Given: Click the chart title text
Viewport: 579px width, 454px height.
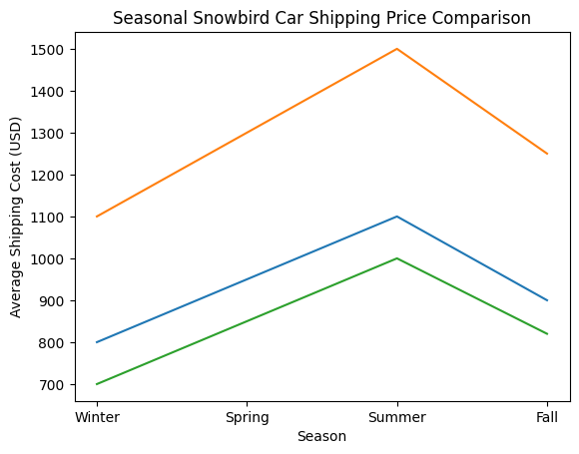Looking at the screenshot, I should tap(321, 18).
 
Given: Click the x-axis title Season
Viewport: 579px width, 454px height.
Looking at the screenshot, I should tap(321, 437).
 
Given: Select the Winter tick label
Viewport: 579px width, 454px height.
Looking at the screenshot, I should tap(97, 417).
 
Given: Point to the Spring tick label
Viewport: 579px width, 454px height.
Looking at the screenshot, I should tap(247, 417).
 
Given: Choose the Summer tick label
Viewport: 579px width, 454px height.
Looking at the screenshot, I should tap(397, 417).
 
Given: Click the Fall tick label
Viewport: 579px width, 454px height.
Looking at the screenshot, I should tap(547, 417).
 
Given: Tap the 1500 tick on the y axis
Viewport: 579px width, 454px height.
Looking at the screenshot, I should tap(50, 49).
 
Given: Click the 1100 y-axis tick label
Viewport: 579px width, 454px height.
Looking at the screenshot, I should tap(50, 217).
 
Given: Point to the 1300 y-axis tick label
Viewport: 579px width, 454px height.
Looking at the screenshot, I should tap(50, 133).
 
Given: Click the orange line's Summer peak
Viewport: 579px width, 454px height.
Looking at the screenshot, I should tap(397, 49).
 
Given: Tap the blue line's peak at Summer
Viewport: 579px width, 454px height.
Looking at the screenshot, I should tap(397, 217).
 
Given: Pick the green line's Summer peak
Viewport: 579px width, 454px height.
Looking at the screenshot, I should tap(397, 258).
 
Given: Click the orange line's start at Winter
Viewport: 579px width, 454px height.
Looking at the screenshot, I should tap(97, 217).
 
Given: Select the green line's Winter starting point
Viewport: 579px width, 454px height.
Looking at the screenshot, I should tap(97, 384).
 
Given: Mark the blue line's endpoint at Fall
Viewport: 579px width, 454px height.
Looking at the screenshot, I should tap(547, 300).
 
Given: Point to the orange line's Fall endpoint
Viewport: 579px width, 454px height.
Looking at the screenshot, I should tap(547, 154).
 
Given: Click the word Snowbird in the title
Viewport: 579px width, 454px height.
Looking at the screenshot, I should tap(214, 18).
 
